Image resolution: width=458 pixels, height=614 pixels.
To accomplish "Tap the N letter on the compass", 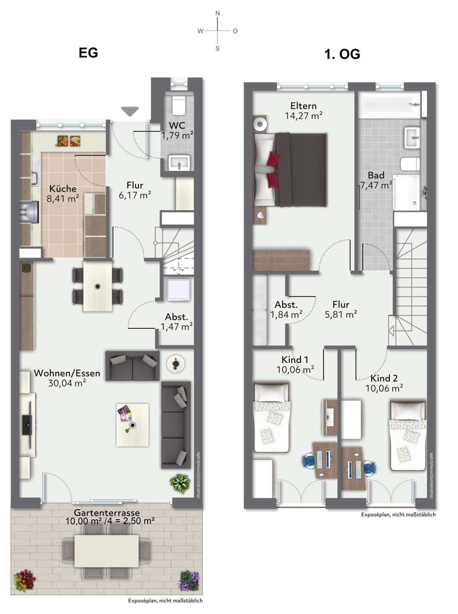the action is pyautogui.click(x=217, y=13).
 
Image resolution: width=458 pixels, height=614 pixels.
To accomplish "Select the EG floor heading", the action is pyautogui.click(x=88, y=52).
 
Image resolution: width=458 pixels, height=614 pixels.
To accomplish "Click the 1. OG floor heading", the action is pyautogui.click(x=342, y=54).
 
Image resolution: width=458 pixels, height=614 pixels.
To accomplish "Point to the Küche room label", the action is pyautogui.click(x=63, y=188).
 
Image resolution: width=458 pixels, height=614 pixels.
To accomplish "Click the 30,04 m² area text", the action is pyautogui.click(x=67, y=383).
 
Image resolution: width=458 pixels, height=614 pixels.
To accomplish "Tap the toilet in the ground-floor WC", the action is pyautogui.click(x=179, y=105).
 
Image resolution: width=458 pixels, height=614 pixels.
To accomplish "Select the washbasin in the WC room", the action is pyautogui.click(x=179, y=163).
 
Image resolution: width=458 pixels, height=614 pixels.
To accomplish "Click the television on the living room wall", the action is pyautogui.click(x=27, y=425).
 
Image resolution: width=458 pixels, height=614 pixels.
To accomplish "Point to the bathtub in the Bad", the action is pyautogui.click(x=390, y=104).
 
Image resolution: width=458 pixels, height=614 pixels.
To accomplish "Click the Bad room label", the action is pyautogui.click(x=376, y=175).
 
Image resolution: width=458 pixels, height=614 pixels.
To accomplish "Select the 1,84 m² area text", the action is pyautogui.click(x=286, y=315).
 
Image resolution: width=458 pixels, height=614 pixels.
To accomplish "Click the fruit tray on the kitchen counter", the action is pyautogui.click(x=69, y=141).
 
